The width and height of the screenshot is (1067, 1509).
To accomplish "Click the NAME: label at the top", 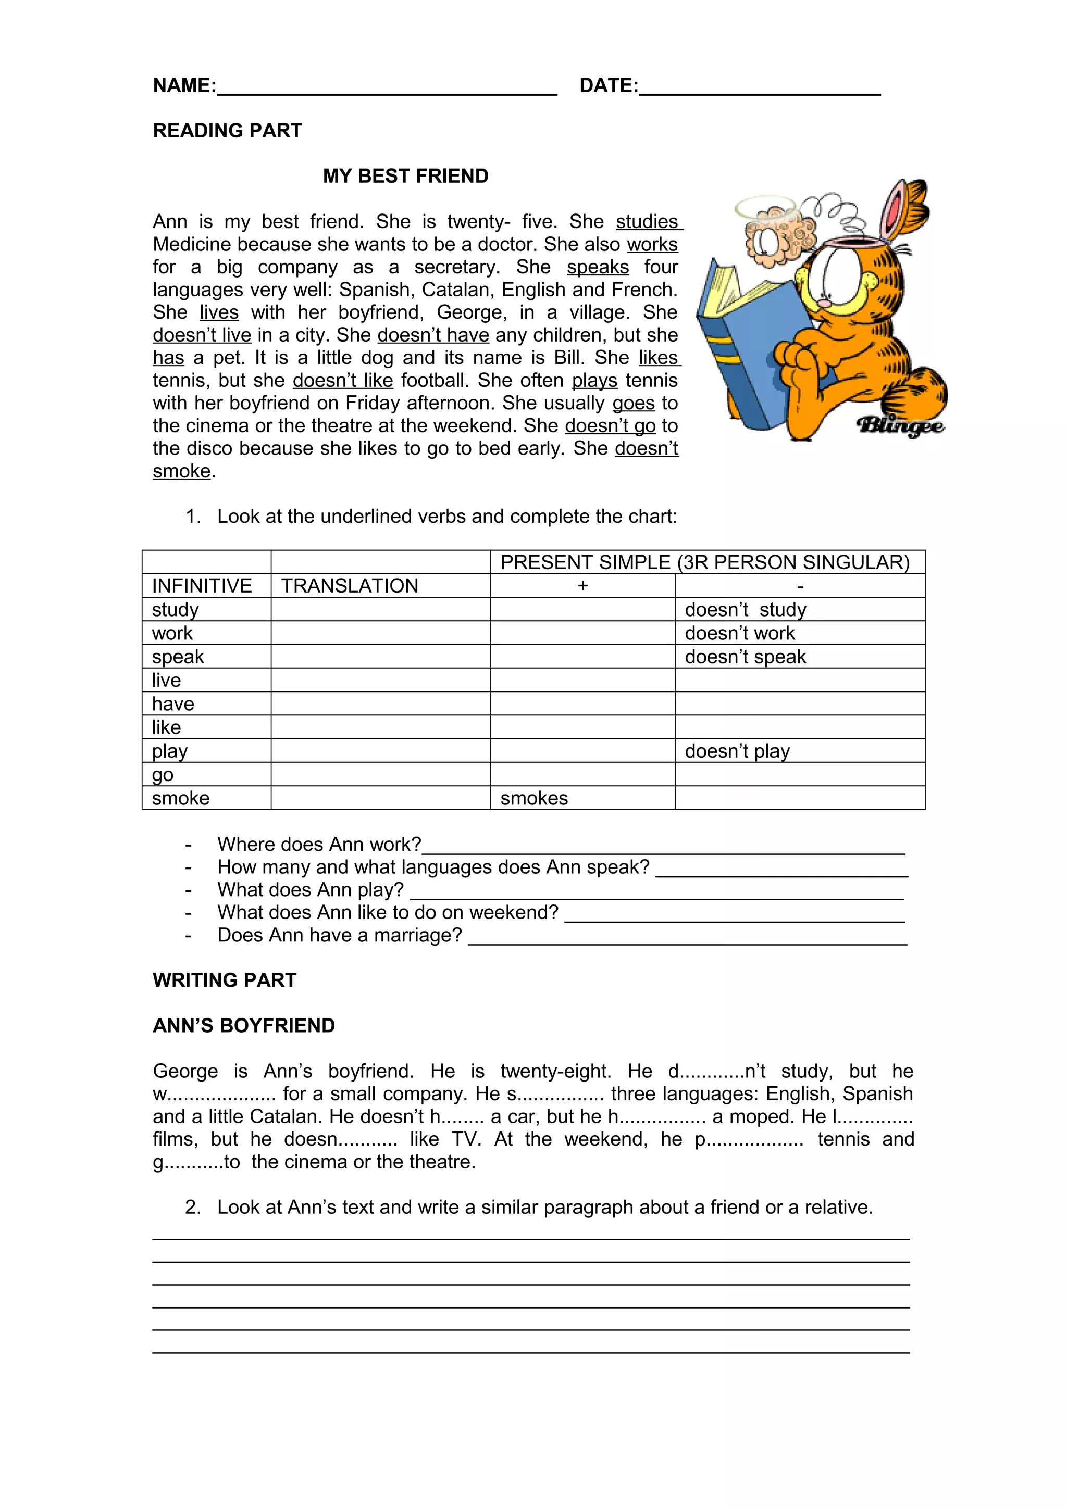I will (184, 85).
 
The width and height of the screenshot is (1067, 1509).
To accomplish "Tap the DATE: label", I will (608, 85).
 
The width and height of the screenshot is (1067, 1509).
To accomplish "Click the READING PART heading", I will (228, 131).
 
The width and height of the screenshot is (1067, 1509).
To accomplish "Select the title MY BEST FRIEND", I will (406, 176).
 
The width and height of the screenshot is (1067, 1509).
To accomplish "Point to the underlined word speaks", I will (598, 268).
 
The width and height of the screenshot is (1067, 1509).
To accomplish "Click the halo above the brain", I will (765, 208).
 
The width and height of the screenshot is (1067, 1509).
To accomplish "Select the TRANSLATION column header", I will (350, 586).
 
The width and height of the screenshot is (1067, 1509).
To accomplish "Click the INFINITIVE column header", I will (202, 586).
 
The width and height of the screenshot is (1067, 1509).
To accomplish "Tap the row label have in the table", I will (173, 704).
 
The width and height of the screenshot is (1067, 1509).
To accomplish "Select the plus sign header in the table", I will (582, 586).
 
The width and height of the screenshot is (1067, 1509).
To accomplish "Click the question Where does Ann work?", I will (319, 844).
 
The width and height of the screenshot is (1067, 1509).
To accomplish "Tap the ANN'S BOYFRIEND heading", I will (244, 1025).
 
